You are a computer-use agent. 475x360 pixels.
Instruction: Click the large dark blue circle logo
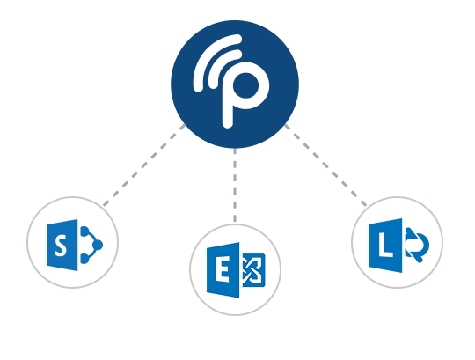[235, 84]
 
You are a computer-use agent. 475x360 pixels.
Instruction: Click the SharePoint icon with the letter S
[75, 245]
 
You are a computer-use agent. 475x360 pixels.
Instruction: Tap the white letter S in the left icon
[61, 246]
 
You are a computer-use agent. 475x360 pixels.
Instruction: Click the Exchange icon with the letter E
[236, 270]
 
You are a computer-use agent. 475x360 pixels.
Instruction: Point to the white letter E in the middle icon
[223, 270]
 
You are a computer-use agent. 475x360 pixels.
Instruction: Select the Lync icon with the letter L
[399, 246]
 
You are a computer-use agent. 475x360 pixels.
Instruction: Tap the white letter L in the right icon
[385, 246]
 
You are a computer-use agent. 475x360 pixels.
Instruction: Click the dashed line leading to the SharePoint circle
[144, 165]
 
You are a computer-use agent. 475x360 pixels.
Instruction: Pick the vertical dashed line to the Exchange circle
[235, 186]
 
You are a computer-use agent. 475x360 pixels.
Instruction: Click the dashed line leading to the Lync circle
[325, 165]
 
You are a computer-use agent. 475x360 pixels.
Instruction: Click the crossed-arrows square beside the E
[254, 270]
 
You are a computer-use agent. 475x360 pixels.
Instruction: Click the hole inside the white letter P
[245, 85]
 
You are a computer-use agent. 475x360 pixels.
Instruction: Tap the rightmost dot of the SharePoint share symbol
[98, 244]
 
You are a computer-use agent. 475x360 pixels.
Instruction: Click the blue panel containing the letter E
[223, 270]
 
